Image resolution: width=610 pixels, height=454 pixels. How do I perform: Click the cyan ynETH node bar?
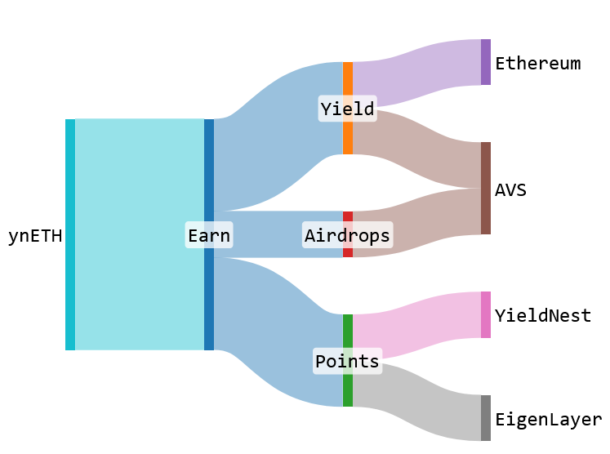tap(70, 234)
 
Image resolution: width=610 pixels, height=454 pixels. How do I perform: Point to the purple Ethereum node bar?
tap(486, 62)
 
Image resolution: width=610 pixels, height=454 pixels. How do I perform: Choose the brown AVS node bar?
tap(486, 188)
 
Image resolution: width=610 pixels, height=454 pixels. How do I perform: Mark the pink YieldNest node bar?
tap(486, 314)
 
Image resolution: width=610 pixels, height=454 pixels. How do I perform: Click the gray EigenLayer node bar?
tap(486, 418)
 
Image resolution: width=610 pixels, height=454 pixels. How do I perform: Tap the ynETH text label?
tap(35, 236)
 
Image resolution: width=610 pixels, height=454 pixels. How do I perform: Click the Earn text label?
tap(209, 236)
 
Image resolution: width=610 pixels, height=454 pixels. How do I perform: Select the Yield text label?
tap(347, 109)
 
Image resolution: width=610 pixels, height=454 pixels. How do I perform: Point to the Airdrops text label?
tap(347, 236)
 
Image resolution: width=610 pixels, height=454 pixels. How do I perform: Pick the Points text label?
tap(347, 361)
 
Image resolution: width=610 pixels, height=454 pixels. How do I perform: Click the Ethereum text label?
tap(538, 63)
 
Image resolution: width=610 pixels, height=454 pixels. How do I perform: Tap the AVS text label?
tap(510, 190)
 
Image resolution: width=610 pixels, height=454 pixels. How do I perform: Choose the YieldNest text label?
tap(543, 316)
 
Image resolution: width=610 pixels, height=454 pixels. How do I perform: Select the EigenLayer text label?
tap(549, 420)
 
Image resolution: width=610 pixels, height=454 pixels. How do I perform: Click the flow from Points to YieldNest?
tap(416, 326)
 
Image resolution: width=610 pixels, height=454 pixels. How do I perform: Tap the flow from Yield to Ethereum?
tap(416, 74)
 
